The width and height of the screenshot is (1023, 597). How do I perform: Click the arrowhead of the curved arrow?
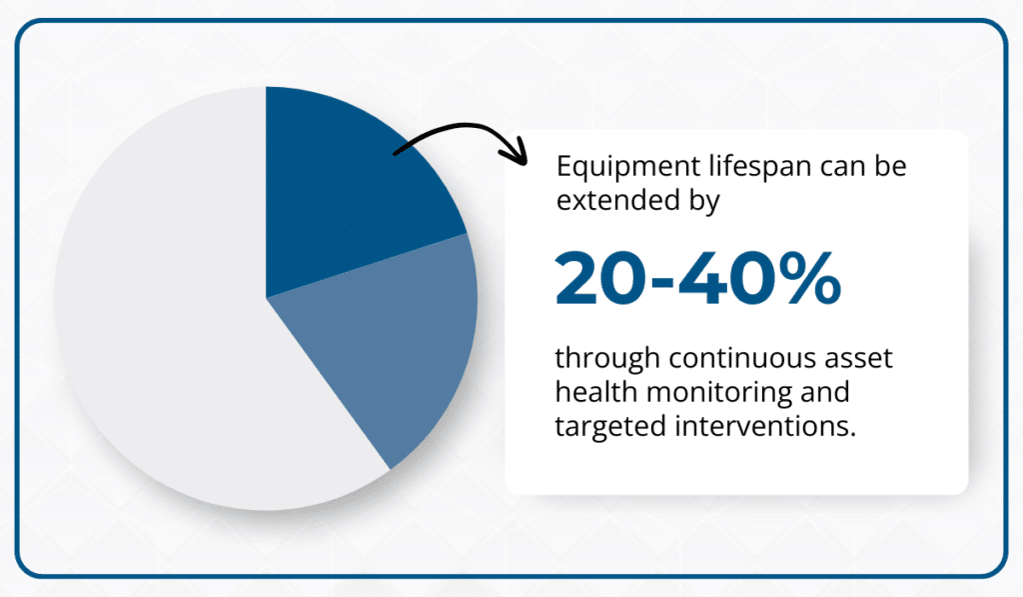tap(517, 155)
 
